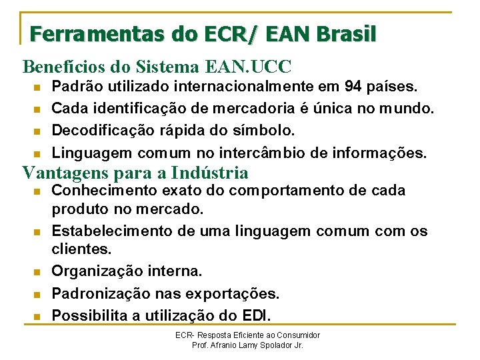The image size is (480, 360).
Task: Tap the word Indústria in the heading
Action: (209, 173)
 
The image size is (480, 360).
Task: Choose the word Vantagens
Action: (62, 173)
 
